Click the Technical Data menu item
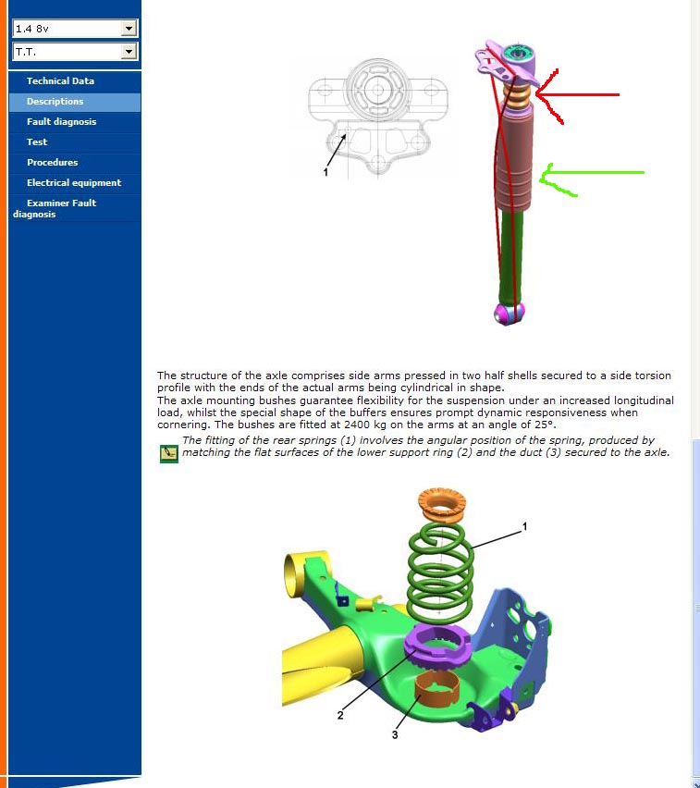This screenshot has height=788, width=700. tap(60, 80)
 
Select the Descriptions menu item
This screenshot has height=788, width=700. tap(55, 102)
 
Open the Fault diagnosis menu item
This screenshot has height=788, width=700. tap(61, 121)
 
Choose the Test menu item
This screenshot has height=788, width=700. tap(37, 142)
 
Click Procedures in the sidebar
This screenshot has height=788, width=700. tap(53, 163)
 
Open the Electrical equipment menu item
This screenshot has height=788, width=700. tap(74, 183)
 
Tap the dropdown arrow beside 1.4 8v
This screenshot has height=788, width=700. tap(129, 29)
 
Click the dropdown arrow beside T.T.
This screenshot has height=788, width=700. tap(129, 51)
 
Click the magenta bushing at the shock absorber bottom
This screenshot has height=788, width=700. tap(509, 314)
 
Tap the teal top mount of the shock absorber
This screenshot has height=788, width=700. tap(518, 54)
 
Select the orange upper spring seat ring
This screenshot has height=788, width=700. tap(442, 505)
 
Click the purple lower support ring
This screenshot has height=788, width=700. tap(437, 645)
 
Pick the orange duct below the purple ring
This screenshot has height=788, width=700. tap(436, 694)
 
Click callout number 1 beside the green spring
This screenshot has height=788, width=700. tap(524, 526)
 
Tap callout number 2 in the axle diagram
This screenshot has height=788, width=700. tap(340, 715)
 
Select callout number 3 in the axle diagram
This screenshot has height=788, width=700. tap(395, 734)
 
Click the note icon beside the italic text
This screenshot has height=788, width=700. tap(169, 454)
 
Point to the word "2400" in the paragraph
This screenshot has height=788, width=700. tap(357, 425)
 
